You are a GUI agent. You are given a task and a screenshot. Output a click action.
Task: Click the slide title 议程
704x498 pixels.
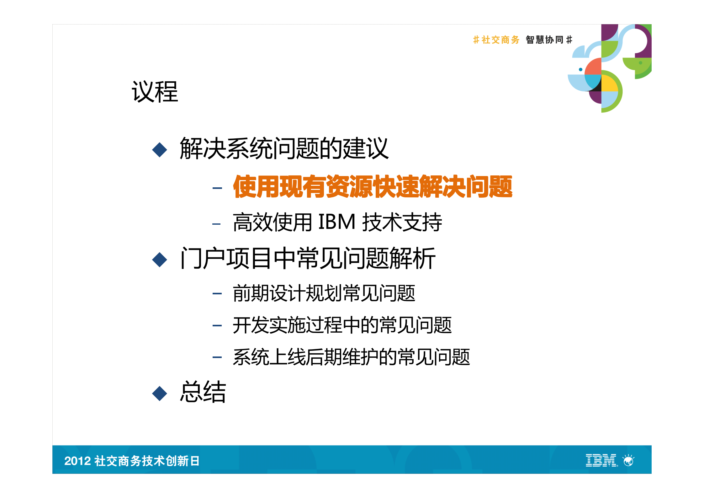coord(155,92)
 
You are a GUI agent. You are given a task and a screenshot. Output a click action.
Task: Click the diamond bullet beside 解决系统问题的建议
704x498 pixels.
coord(159,150)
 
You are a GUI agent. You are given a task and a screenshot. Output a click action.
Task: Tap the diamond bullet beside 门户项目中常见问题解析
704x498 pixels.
coord(159,260)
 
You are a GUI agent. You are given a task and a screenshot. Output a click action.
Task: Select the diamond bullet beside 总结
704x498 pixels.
coord(159,393)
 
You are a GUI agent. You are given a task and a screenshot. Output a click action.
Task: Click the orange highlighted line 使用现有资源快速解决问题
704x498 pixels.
coord(372,187)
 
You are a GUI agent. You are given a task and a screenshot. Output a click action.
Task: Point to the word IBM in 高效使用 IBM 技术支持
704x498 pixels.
coord(336,222)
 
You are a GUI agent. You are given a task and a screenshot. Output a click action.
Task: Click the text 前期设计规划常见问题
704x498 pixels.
coord(324,293)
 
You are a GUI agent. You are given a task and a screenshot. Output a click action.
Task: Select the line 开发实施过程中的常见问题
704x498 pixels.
coord(342,325)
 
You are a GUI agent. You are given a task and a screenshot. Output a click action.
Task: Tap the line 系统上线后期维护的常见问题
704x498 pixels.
coord(351,357)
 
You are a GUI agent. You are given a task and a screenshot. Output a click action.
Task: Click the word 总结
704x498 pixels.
coord(203,392)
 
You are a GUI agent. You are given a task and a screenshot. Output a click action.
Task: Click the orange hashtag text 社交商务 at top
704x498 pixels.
coord(500,40)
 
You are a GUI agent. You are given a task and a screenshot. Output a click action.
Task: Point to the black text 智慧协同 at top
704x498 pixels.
coord(545,40)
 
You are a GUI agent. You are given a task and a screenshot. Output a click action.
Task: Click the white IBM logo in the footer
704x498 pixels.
coord(601,460)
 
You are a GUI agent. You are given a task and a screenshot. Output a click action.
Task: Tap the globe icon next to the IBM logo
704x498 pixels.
coord(628,461)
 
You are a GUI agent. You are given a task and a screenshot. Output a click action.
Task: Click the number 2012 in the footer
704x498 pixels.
coord(77,461)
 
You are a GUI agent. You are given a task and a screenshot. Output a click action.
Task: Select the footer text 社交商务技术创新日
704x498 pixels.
coord(147,461)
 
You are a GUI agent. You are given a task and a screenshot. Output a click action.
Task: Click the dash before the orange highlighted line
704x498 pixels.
coord(217,188)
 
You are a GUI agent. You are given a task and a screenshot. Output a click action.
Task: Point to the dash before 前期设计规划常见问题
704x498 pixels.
coord(217,294)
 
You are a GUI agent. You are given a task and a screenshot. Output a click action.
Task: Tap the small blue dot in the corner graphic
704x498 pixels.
coord(580,69)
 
